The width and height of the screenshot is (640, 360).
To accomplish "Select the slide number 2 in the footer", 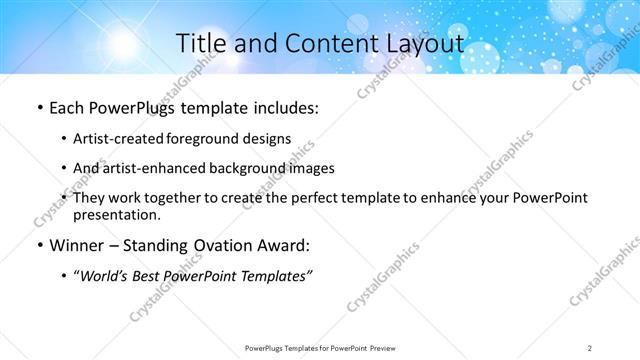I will pos(590,347).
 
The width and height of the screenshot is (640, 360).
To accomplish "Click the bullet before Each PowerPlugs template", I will pos(38,108).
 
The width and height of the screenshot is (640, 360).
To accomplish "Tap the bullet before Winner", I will pos(38,246).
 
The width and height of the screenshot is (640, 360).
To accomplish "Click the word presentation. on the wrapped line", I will pos(116,214).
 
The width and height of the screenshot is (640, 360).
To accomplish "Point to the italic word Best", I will pos(162,275).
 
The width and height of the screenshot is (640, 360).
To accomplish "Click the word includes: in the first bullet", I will pos(283,108).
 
